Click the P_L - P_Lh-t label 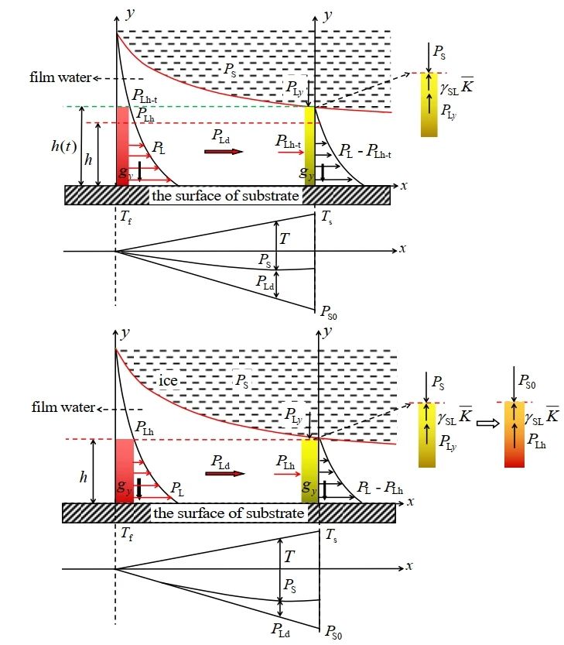(x=366, y=153)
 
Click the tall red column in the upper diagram (x=124, y=144)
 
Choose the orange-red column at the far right (x=514, y=434)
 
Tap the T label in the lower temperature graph (x=289, y=557)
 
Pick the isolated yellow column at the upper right (x=429, y=105)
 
